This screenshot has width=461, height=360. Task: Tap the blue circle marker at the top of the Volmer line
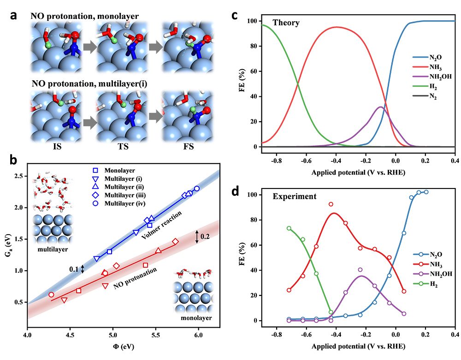pyautogui.click(x=197, y=189)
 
